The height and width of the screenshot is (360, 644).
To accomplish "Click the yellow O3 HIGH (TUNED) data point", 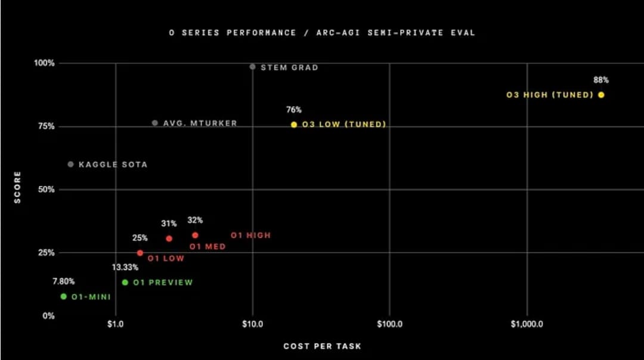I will click(x=601, y=95).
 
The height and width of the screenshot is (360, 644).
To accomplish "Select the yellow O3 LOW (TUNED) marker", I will click(x=294, y=125).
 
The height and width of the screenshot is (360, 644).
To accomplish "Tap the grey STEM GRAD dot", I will click(x=253, y=67).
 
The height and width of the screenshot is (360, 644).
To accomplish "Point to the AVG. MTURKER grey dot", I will click(x=155, y=123).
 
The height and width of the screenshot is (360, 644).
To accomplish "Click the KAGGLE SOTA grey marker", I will click(x=71, y=164).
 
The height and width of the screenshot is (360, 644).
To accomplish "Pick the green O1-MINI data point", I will click(x=64, y=296).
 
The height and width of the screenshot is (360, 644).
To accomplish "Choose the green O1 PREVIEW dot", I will click(x=125, y=283).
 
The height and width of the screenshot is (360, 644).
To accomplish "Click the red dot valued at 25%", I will click(x=140, y=253).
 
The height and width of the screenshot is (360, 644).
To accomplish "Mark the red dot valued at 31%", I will click(x=169, y=238).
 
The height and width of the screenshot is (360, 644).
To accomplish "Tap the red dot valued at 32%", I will click(x=195, y=235).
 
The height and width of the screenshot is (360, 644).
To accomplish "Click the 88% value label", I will click(x=601, y=80).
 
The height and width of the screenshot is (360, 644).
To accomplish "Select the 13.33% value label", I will click(x=125, y=267).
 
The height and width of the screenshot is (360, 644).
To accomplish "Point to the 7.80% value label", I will click(x=64, y=281).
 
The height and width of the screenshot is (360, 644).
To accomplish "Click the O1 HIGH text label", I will click(x=250, y=235).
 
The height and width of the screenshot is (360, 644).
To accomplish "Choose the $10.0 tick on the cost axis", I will click(x=253, y=325).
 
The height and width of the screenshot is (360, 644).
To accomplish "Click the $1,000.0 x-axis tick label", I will click(x=527, y=325).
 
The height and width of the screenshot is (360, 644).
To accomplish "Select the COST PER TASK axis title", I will click(x=322, y=346).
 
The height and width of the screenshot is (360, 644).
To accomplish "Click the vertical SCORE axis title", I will click(x=17, y=187).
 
